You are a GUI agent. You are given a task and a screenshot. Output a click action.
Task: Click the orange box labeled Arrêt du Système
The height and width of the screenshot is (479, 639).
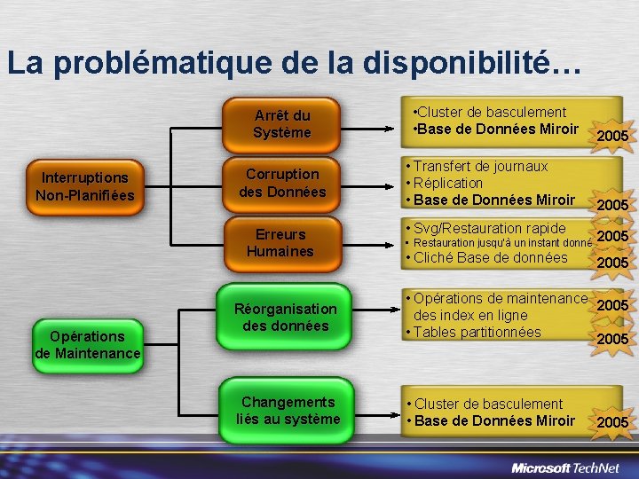(x=282, y=124)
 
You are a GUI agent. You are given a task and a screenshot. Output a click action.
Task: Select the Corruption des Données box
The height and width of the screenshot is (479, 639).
(x=282, y=183)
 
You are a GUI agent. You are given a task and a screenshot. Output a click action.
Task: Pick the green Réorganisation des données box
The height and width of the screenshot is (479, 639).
(x=285, y=317)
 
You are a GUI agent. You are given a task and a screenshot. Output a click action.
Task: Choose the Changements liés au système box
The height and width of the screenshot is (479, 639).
(x=288, y=410)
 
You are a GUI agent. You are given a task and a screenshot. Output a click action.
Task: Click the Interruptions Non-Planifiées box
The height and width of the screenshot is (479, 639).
(x=85, y=186)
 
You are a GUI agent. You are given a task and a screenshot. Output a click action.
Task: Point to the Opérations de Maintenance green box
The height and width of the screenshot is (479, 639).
(x=87, y=345)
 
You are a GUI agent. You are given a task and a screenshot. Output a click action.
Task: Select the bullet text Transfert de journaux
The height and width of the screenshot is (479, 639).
(x=480, y=166)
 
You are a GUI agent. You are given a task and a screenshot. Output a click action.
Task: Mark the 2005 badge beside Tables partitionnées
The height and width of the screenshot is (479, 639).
(x=612, y=339)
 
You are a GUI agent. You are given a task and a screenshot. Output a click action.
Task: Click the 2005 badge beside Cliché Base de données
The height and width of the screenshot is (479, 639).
(x=612, y=263)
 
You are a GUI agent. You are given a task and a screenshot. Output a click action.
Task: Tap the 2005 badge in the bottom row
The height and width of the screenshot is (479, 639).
(x=612, y=422)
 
